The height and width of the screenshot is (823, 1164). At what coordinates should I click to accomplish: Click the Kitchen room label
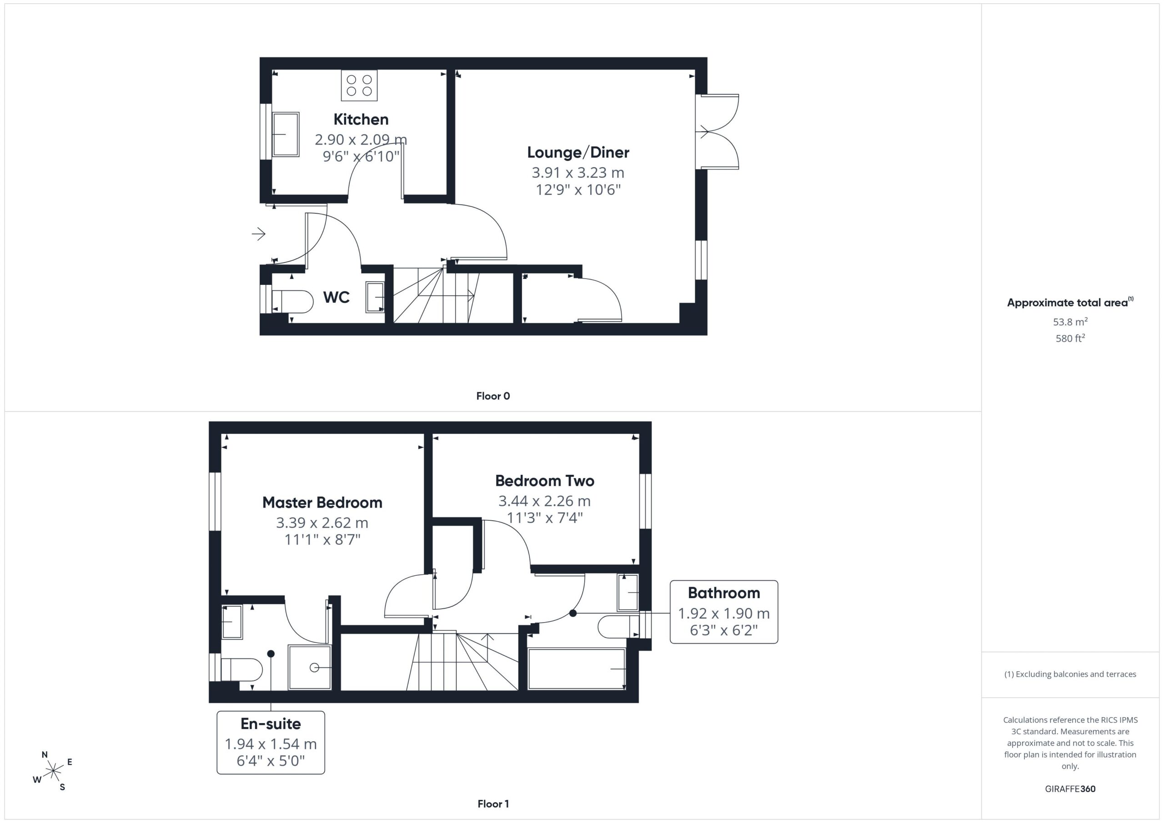pyautogui.click(x=361, y=120)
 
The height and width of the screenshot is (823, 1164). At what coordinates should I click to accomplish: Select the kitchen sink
pyautogui.click(x=286, y=135)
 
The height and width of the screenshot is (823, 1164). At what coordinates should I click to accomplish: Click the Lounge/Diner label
pyautogui.click(x=578, y=153)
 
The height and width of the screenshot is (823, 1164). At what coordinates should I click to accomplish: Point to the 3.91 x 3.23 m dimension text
pyautogui.click(x=578, y=173)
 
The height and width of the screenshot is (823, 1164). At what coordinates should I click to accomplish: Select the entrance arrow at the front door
pyautogui.click(x=259, y=234)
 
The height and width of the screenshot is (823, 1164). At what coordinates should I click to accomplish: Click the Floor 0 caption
pyautogui.click(x=493, y=396)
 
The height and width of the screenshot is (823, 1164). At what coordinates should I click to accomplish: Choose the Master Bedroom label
pyautogui.click(x=322, y=503)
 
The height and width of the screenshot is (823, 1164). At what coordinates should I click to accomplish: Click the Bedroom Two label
pyautogui.click(x=544, y=481)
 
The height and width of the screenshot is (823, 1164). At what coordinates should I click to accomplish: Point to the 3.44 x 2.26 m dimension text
pyautogui.click(x=544, y=501)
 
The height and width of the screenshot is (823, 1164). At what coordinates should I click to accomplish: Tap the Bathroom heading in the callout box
pyautogui.click(x=724, y=593)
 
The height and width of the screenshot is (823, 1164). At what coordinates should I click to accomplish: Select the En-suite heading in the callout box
pyautogui.click(x=271, y=723)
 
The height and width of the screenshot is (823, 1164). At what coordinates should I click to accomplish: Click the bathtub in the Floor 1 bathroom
pyautogui.click(x=577, y=669)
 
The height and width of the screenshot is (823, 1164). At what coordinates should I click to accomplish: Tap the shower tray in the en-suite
pyautogui.click(x=310, y=668)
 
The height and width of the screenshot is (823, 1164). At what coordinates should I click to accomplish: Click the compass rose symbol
pyautogui.click(x=53, y=771)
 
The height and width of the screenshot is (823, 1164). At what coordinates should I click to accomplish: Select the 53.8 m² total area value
pyautogui.click(x=1070, y=322)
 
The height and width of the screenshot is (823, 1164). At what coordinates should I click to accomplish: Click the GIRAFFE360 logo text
pyautogui.click(x=1070, y=789)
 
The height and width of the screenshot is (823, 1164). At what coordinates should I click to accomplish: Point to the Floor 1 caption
pyautogui.click(x=493, y=804)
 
